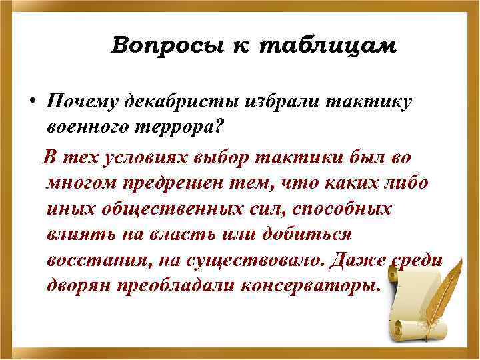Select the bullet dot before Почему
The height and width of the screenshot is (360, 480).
point(31,101)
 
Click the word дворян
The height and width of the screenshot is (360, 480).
point(81,287)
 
